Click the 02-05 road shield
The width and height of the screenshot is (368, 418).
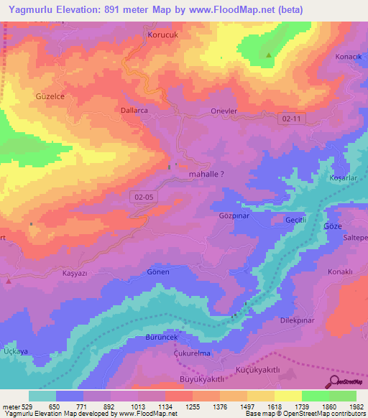(x=143, y=196)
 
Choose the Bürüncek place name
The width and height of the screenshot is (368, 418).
(x=160, y=336)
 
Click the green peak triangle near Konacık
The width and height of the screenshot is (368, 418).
(x=269, y=55)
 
